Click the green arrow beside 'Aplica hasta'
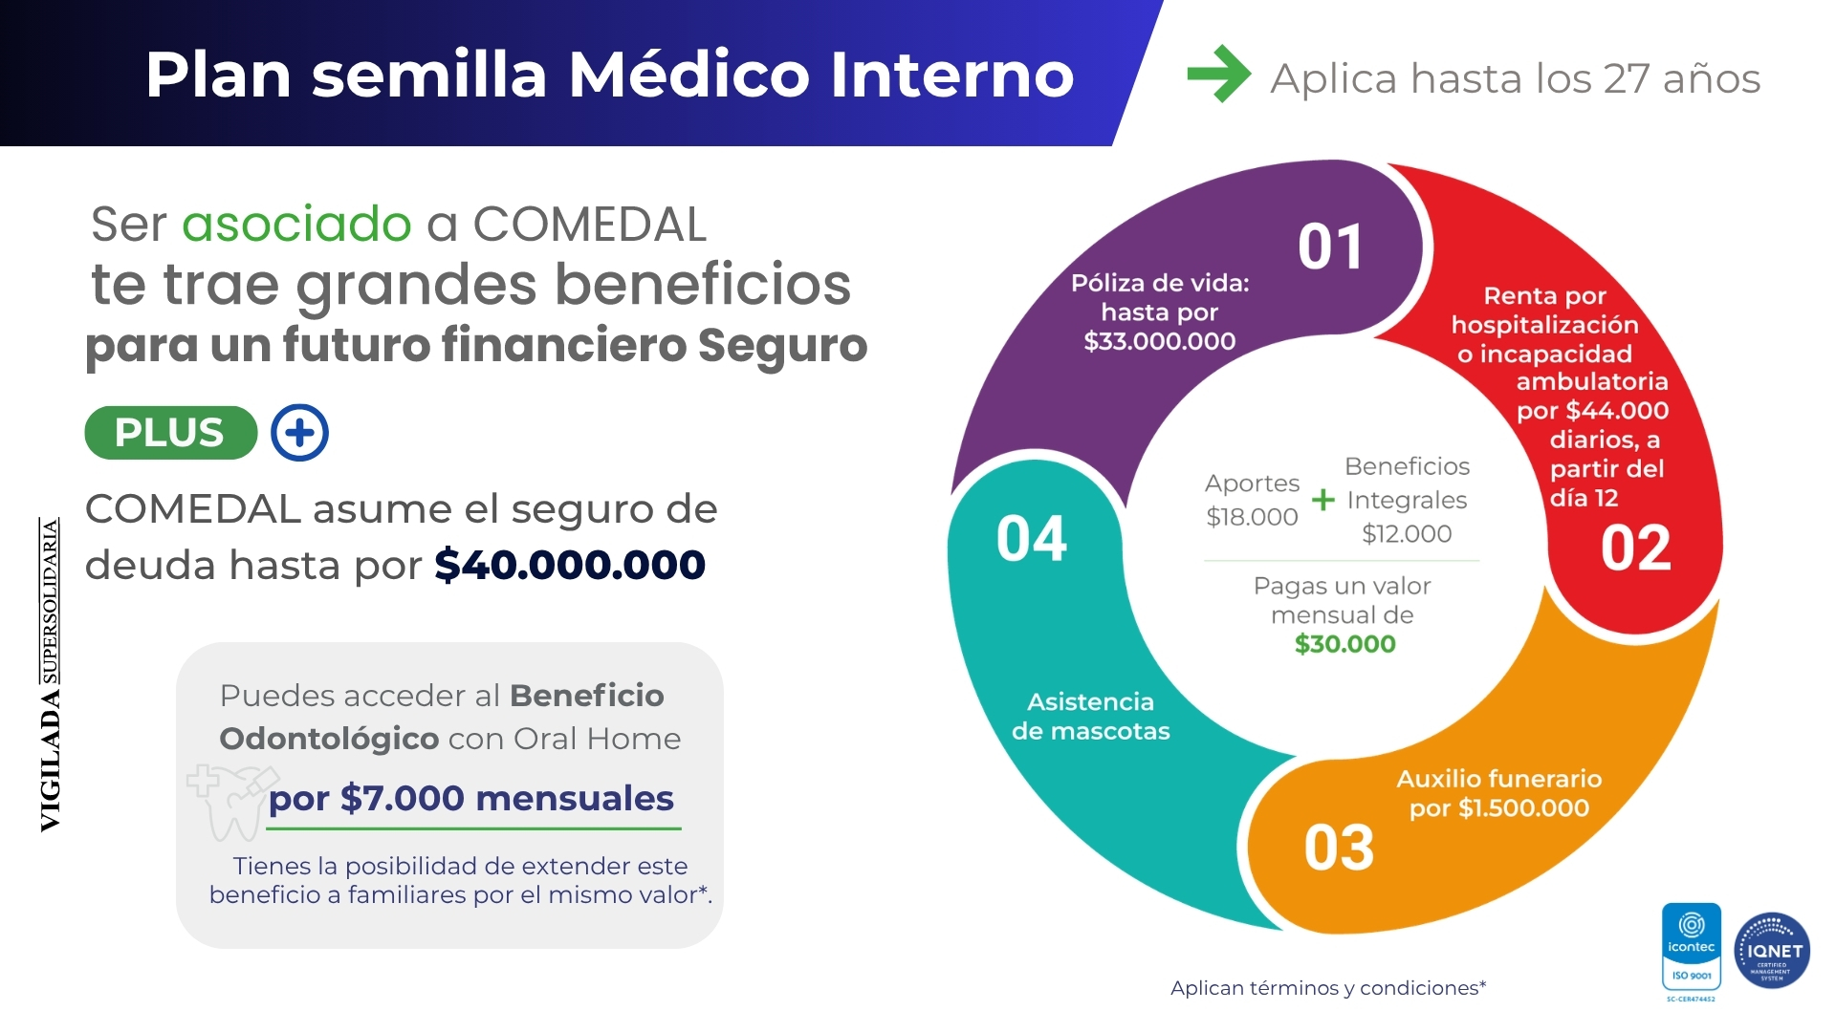pyautogui.click(x=1218, y=74)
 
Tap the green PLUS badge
pyautogui.click(x=171, y=433)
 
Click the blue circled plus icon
pyautogui.click(x=299, y=433)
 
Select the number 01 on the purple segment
pyautogui.click(x=1330, y=247)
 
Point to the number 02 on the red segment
pyautogui.click(x=1635, y=548)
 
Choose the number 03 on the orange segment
pyautogui.click(x=1339, y=848)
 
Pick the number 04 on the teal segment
pyautogui.click(x=1031, y=539)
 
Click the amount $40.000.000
pyautogui.click(x=570, y=565)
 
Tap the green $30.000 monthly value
pyautogui.click(x=1344, y=644)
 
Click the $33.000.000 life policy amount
pyautogui.click(x=1160, y=341)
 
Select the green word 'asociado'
pyautogui.click(x=296, y=226)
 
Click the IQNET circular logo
pyautogui.click(x=1772, y=951)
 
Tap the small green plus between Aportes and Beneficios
pyautogui.click(x=1323, y=499)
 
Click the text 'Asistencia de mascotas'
pyautogui.click(x=1091, y=717)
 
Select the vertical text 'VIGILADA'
pyautogui.click(x=50, y=761)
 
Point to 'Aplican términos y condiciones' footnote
pyautogui.click(x=1328, y=988)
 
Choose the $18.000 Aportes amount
pyautogui.click(x=1252, y=517)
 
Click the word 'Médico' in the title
pyautogui.click(x=689, y=75)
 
